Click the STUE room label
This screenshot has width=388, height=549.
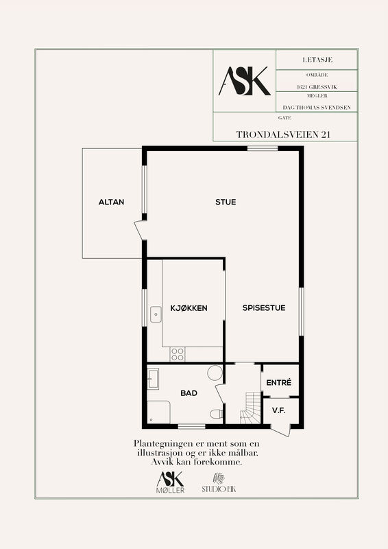(x=226, y=202)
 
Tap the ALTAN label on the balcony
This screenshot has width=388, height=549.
(x=111, y=202)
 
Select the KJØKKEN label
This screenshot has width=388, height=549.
(x=189, y=308)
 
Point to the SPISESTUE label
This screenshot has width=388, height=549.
(x=264, y=307)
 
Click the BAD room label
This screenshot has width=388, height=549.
(x=189, y=393)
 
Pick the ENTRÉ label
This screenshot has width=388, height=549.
(x=279, y=383)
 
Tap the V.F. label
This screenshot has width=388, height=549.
(x=279, y=410)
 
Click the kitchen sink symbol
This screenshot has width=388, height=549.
(x=156, y=314)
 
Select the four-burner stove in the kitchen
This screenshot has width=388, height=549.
(x=178, y=354)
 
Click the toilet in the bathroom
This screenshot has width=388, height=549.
(x=216, y=414)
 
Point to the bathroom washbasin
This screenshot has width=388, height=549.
(x=153, y=379)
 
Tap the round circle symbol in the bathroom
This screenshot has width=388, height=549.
(x=215, y=373)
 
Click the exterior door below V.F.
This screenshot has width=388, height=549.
(x=281, y=431)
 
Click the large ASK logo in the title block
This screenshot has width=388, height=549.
(x=245, y=81)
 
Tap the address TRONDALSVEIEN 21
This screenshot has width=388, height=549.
(x=283, y=135)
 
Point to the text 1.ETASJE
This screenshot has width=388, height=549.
(x=317, y=60)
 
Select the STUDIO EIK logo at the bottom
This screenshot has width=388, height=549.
(x=219, y=483)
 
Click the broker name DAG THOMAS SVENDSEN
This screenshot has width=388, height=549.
(x=317, y=108)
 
